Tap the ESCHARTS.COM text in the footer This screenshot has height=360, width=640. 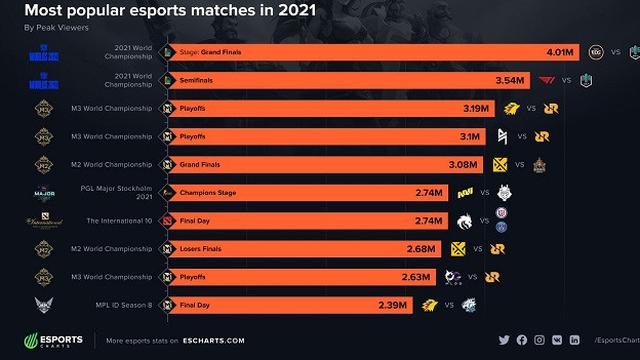(211, 340)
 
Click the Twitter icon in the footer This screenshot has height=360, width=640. (503, 340)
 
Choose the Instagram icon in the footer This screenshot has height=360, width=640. (540, 340)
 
